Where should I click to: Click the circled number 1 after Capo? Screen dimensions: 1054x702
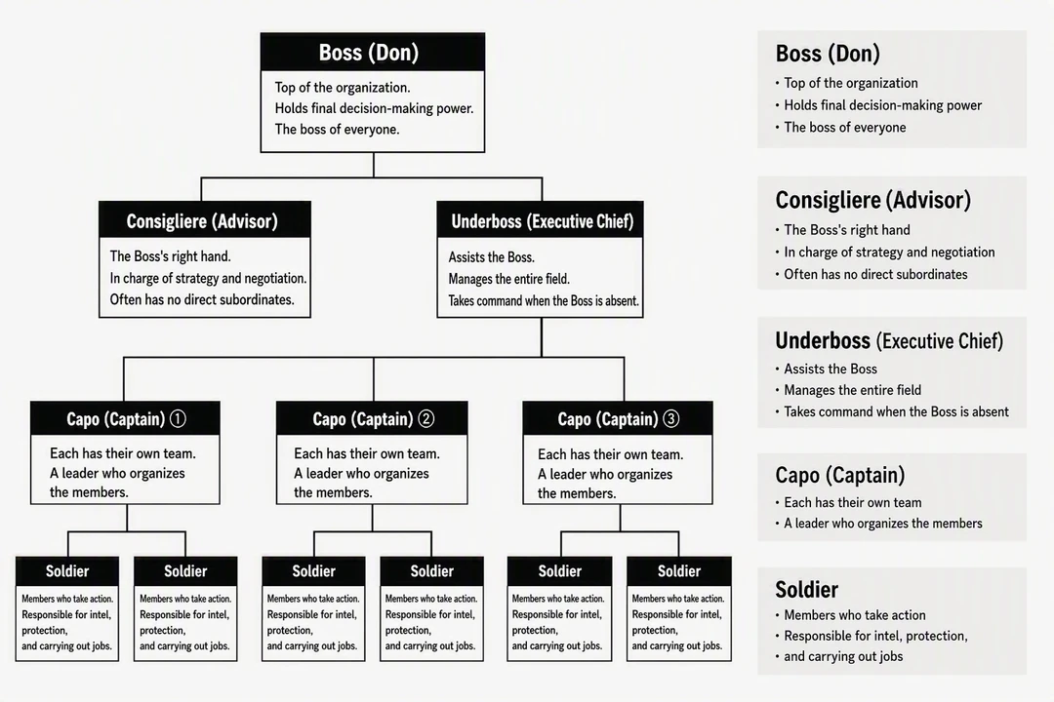pos(178,419)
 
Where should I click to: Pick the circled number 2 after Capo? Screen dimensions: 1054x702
pos(426,419)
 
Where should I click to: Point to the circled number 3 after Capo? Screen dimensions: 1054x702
pos(670,419)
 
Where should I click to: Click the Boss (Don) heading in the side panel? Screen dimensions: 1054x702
pos(828,54)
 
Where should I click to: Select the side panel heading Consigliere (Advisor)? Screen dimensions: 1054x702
pos(873,200)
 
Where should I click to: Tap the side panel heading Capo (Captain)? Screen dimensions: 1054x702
pos(839,475)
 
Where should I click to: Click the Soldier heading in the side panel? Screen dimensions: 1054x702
pos(807,590)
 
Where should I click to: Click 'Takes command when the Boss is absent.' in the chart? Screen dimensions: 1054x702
pos(544,301)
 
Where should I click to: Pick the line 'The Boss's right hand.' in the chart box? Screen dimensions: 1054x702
pos(170,256)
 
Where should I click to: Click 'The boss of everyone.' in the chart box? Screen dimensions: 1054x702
pos(337,129)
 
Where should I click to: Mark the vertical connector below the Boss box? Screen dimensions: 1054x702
pos(374,165)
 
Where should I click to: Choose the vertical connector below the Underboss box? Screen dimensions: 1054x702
pos(541,337)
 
